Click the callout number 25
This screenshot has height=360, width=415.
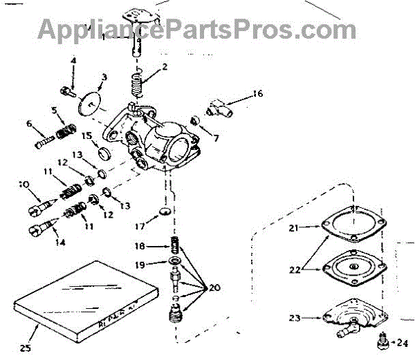point(25,348)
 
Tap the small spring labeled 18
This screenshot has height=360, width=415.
point(175,245)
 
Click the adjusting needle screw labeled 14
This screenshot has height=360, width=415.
point(41,227)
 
